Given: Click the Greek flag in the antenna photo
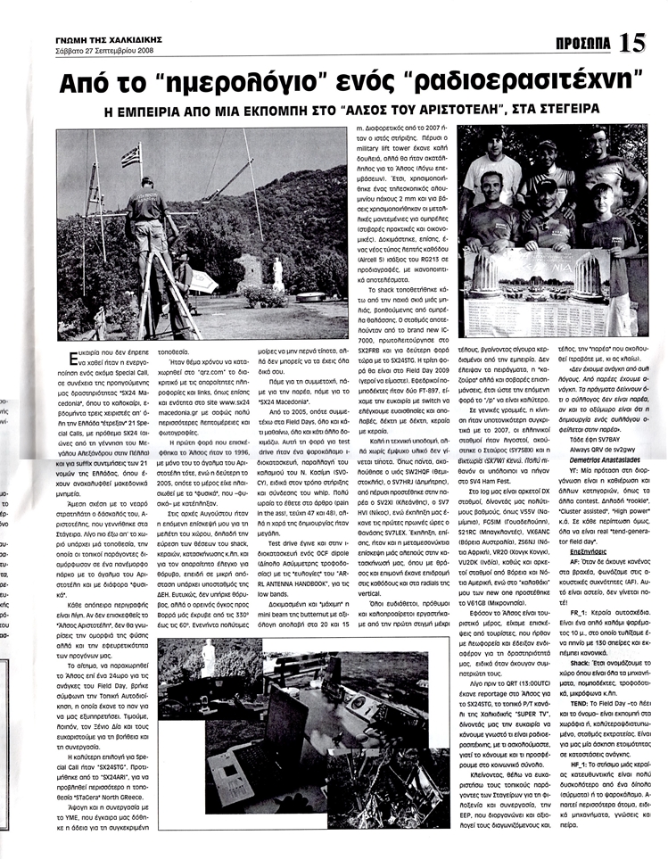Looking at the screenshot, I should [x=133, y=155].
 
